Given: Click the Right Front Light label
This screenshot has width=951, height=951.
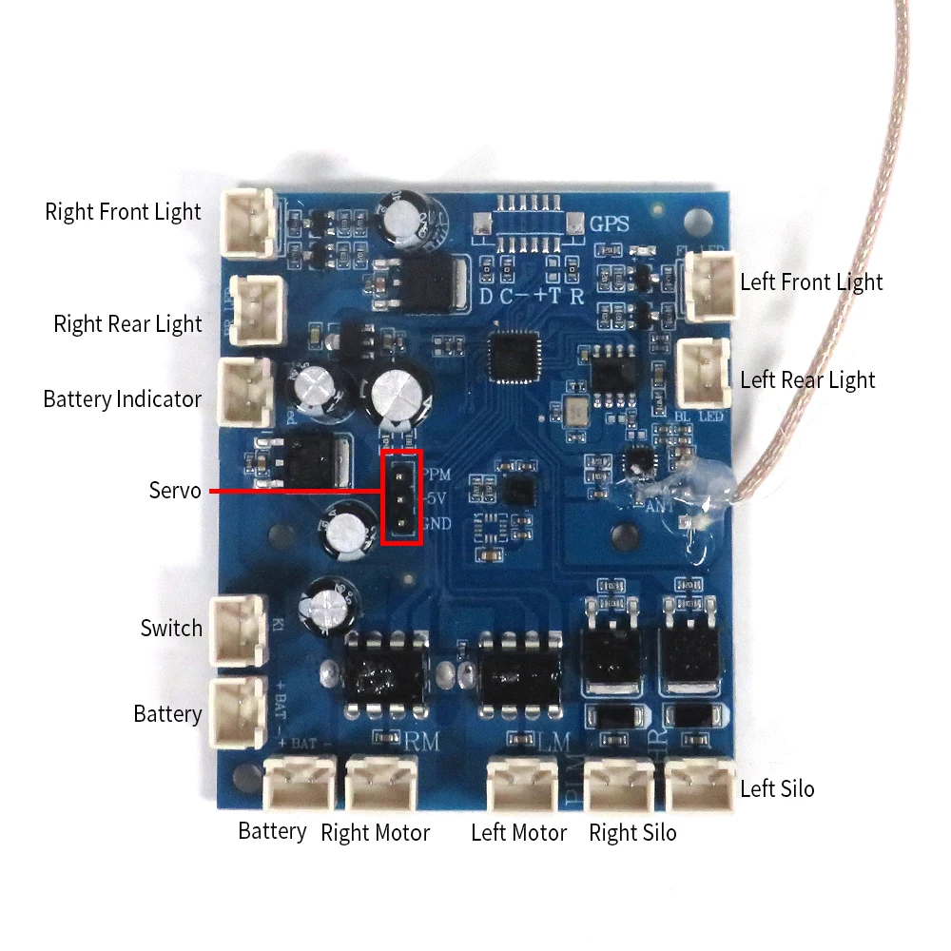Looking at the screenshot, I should point(123,211).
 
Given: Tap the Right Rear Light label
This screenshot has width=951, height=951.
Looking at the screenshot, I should point(127,324).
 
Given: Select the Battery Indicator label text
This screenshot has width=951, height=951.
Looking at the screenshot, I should point(122,398).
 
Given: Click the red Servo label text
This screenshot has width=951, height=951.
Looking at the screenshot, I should point(175,491).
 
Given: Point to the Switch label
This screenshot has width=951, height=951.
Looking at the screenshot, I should point(171,628).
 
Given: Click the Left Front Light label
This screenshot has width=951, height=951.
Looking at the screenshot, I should point(811,281).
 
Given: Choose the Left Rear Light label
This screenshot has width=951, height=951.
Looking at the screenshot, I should point(807,379).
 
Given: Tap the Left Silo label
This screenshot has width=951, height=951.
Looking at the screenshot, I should point(777,788).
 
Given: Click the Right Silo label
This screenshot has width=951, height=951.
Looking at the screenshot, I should point(632,833).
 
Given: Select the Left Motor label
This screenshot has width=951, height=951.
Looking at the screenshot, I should point(518,833).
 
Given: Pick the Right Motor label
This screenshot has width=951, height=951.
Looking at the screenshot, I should point(375,833).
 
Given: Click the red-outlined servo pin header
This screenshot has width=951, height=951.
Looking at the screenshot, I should point(401,497).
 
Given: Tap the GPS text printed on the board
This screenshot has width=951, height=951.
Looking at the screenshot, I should point(611,225).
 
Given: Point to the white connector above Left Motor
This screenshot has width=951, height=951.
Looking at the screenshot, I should point(519,785).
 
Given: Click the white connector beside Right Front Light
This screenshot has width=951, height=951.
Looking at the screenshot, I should point(247,223).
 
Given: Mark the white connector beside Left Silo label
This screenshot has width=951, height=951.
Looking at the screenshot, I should point(701,785).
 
